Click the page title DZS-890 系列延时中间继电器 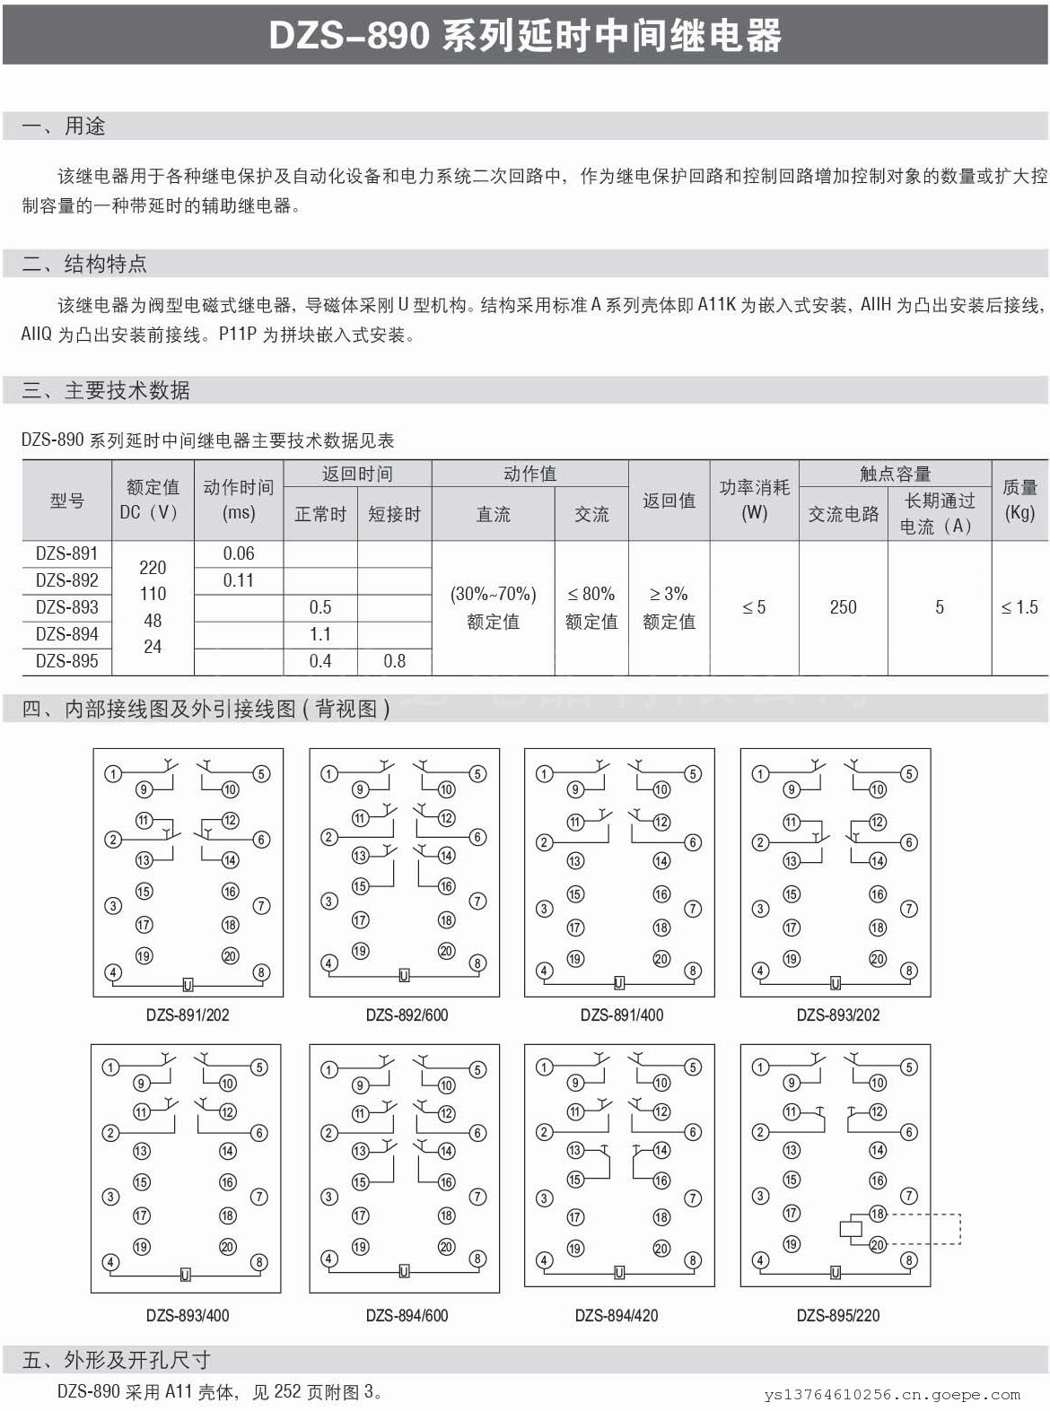(x=525, y=36)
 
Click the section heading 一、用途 (x=64, y=126)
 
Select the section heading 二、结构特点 (x=84, y=264)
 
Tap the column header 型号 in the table (x=67, y=500)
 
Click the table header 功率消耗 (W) (x=754, y=500)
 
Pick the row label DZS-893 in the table (x=67, y=607)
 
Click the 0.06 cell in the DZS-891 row (x=239, y=553)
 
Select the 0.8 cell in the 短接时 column (x=394, y=661)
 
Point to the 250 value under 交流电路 (x=843, y=607)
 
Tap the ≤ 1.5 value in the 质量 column (x=1019, y=607)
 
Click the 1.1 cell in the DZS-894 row (x=320, y=634)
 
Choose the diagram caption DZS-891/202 (x=188, y=1015)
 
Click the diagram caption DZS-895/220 (x=838, y=1315)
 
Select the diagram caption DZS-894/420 (x=617, y=1315)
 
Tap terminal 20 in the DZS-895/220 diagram (x=878, y=1244)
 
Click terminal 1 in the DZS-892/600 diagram (x=329, y=774)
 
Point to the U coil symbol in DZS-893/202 (x=836, y=984)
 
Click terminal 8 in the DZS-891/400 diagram (x=693, y=971)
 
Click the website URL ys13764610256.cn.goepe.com (x=892, y=1395)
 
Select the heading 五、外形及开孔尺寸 (x=116, y=1360)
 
